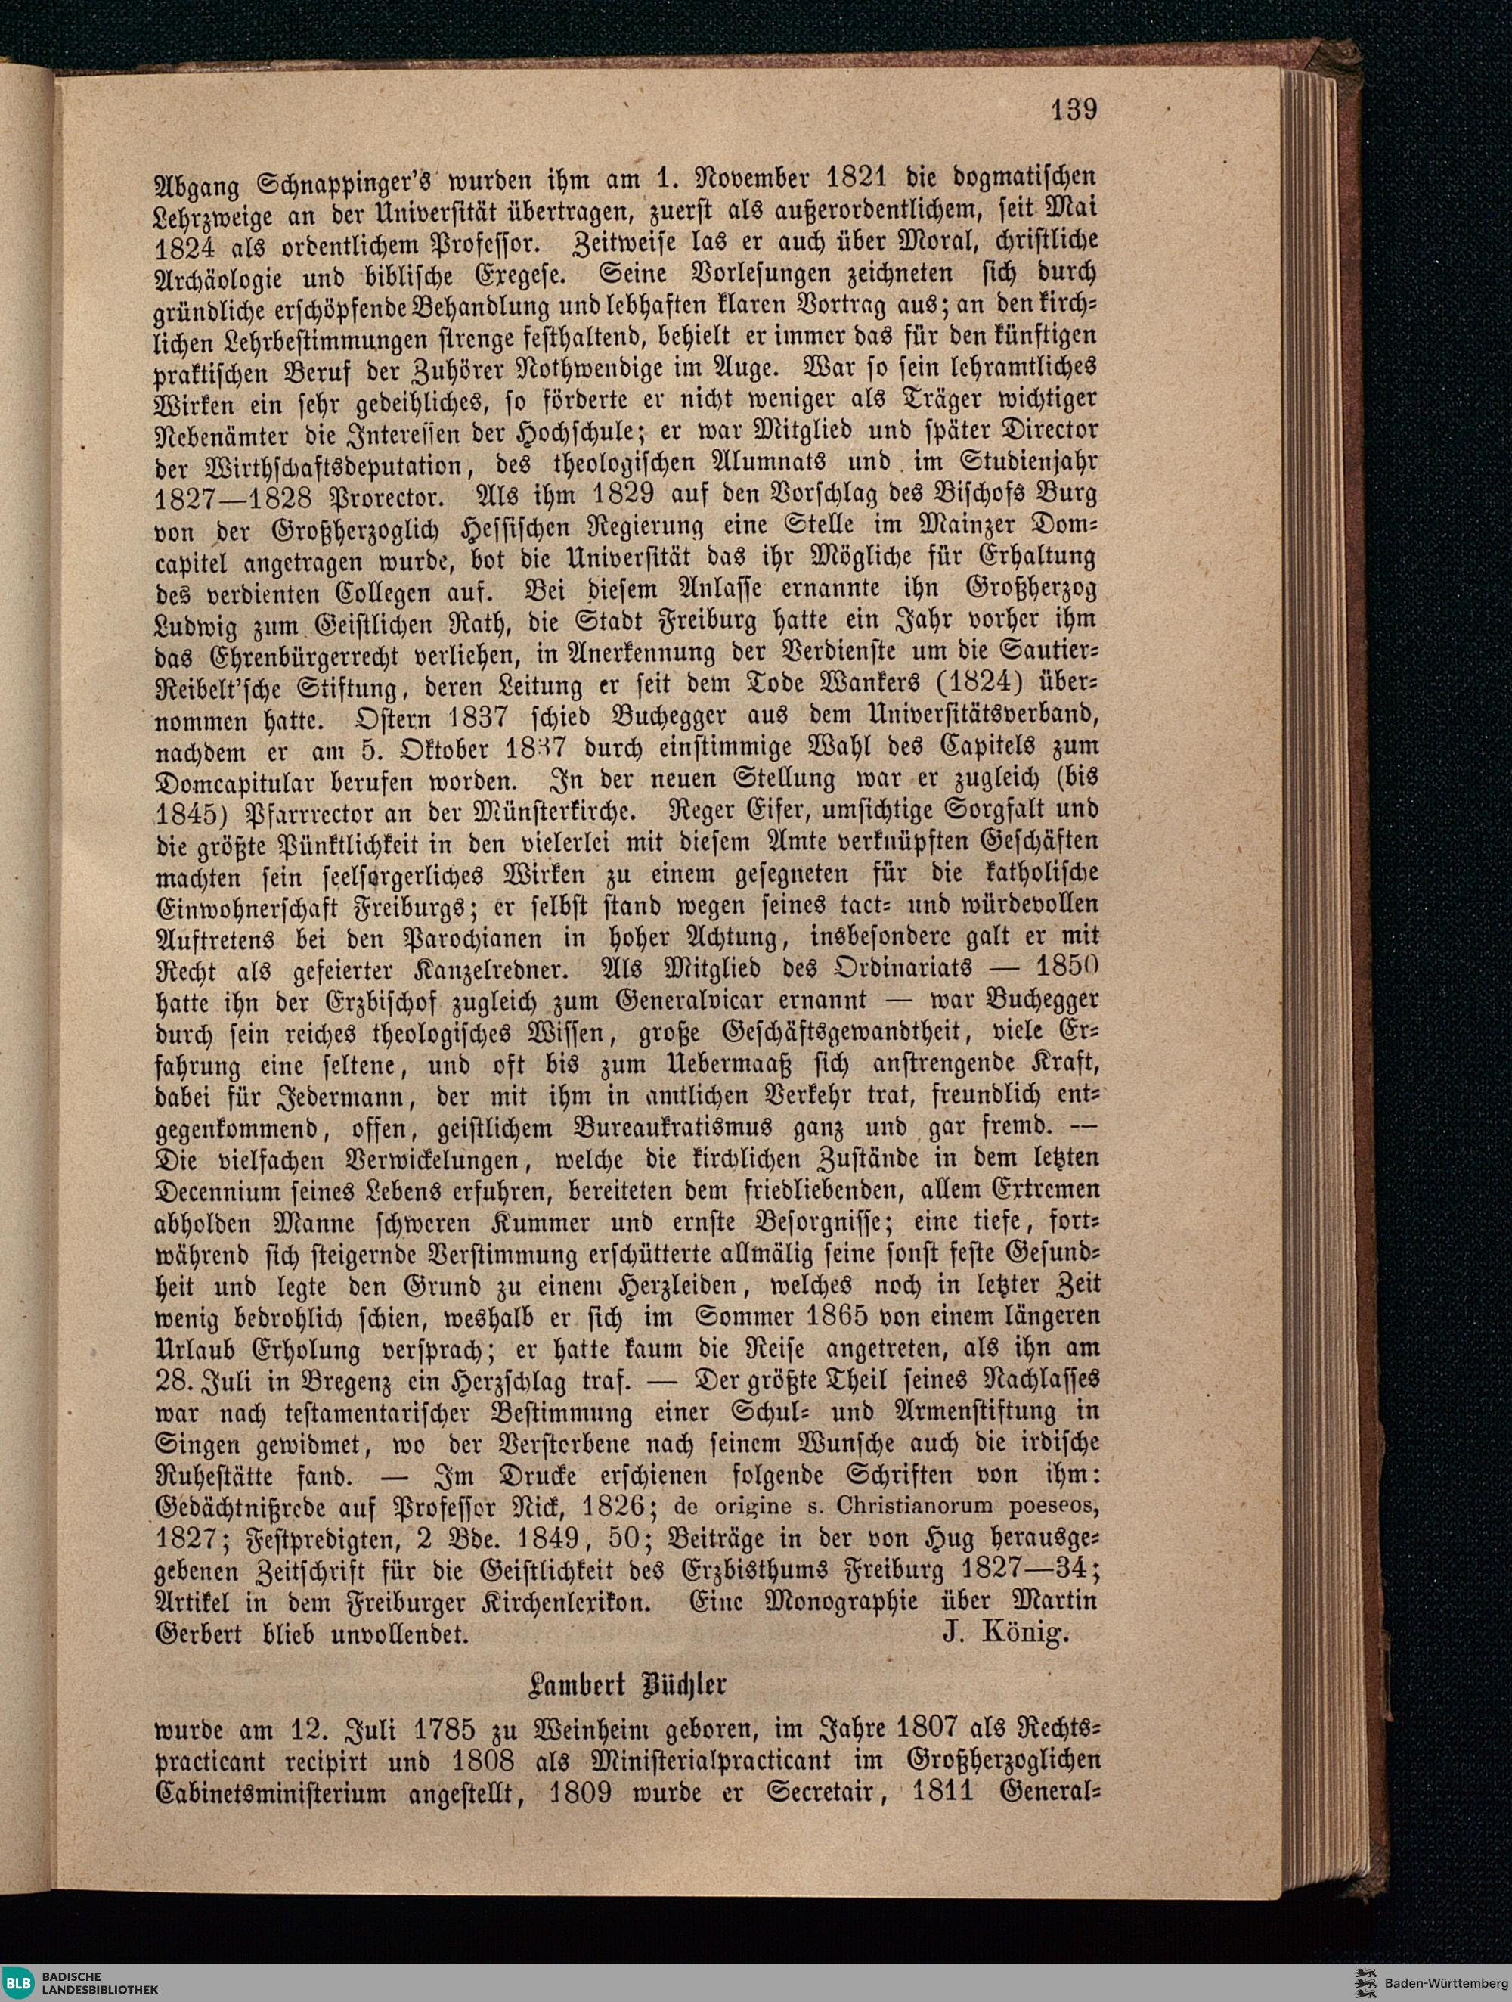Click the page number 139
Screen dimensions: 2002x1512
tap(1074, 110)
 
